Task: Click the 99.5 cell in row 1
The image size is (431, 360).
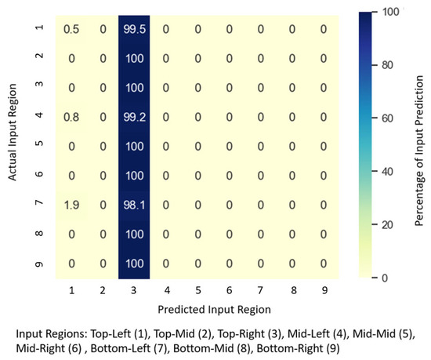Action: pos(132,28)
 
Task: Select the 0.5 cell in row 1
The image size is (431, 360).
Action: pos(71,28)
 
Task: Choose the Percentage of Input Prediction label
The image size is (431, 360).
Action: pos(419,145)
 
